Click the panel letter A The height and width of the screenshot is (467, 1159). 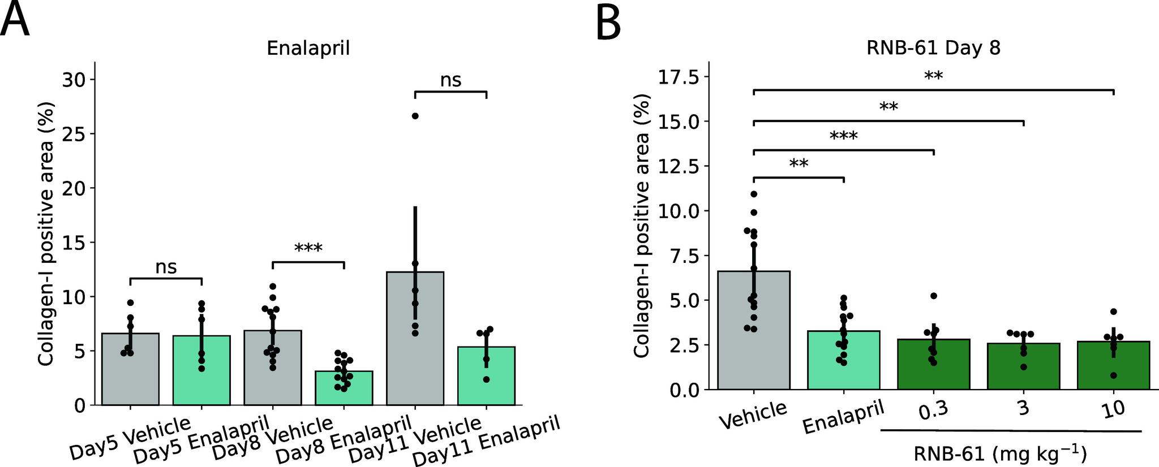tap(15, 20)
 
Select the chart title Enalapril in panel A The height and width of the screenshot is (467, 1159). tap(308, 49)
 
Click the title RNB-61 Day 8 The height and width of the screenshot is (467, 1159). tap(933, 49)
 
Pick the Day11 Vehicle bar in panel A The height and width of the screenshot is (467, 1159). tap(415, 339)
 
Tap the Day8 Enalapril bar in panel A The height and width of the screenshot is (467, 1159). tap(344, 388)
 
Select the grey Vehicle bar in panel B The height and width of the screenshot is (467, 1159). tap(754, 331)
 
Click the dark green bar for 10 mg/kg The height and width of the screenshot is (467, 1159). tap(1113, 366)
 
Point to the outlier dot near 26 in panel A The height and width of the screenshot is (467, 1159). tap(415, 116)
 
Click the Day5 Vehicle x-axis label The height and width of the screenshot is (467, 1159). tap(130, 447)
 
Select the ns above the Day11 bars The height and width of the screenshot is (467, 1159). tap(450, 81)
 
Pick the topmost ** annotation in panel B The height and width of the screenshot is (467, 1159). tap(933, 76)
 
